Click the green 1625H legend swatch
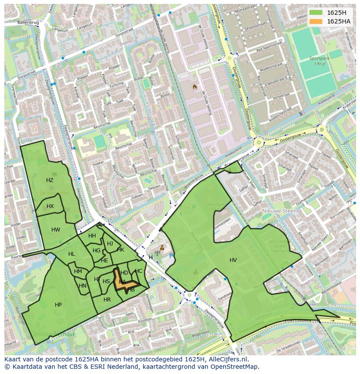pos(316,13)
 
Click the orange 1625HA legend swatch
pos(316,21)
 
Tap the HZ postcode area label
pos(50,180)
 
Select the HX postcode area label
pos(50,206)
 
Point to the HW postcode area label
pos(56,230)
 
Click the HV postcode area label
pos(233,260)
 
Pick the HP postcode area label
pos(58,305)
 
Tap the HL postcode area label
pos(71,254)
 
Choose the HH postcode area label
pos(92,236)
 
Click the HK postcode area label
pos(120,250)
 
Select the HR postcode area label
pos(107,300)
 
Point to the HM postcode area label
pos(78,271)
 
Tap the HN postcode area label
pos(82,286)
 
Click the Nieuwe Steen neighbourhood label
pos(279,211)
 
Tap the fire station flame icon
pos(195,87)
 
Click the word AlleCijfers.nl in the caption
pos(228,359)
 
